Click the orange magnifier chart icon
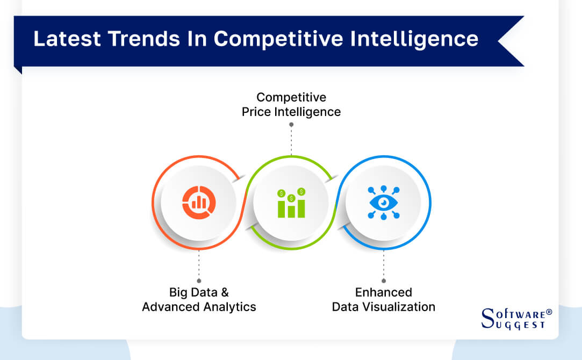(x=199, y=203)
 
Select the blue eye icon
(x=383, y=203)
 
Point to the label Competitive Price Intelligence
(x=291, y=104)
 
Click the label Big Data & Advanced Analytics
(x=199, y=300)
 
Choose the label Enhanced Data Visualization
(x=383, y=300)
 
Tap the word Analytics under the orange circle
(x=229, y=307)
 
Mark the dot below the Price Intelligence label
(x=291, y=124)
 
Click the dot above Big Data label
(x=199, y=280)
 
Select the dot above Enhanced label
(x=383, y=280)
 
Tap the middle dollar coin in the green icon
(x=291, y=198)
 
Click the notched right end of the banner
(x=511, y=41)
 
